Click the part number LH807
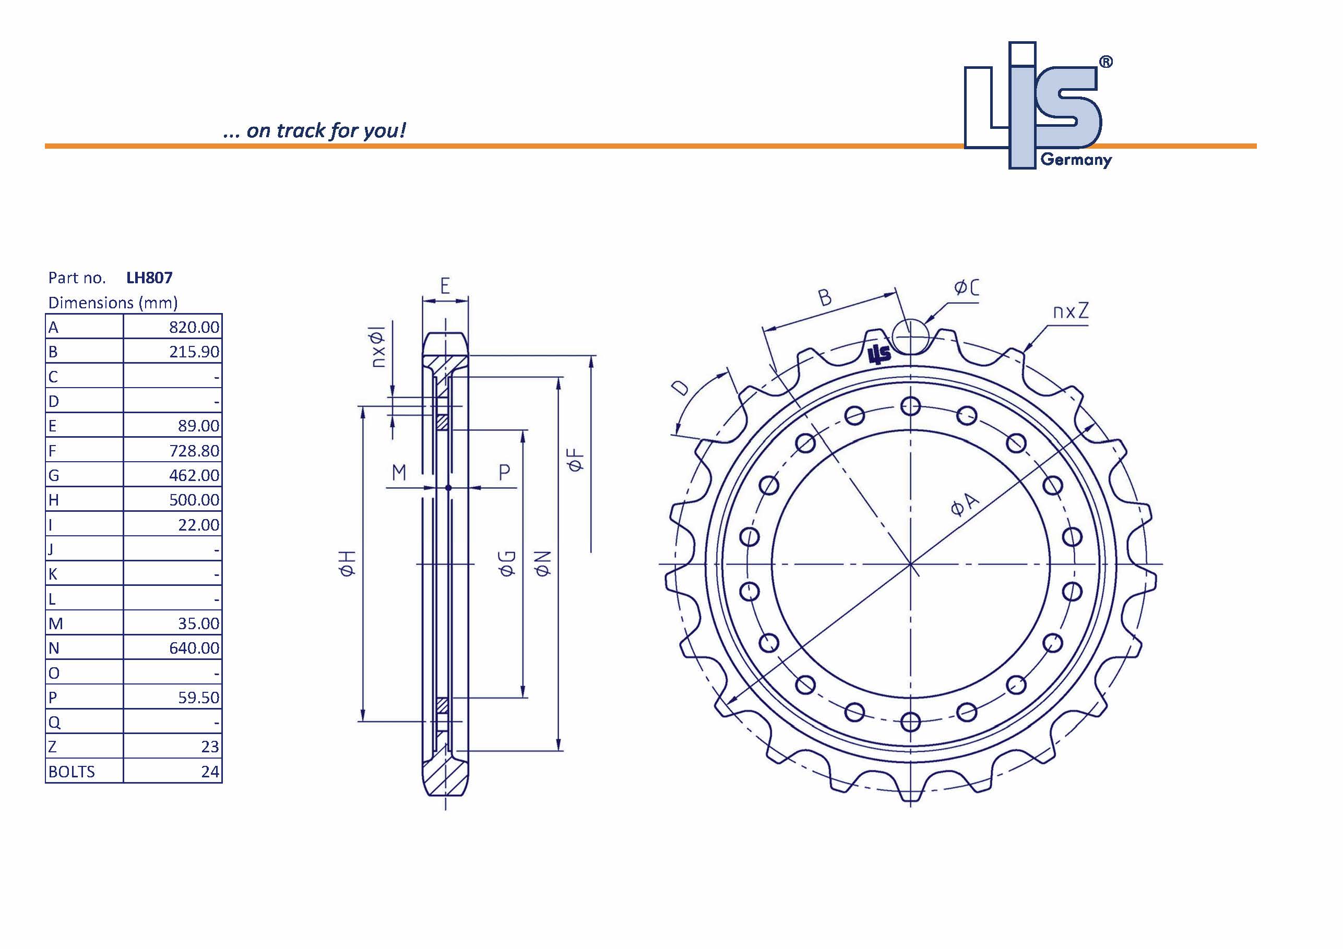(x=149, y=277)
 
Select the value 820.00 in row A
(x=194, y=327)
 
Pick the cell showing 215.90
(x=194, y=352)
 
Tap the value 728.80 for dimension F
(x=194, y=450)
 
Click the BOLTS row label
(x=72, y=771)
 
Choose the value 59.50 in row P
(x=198, y=697)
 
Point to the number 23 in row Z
(x=209, y=747)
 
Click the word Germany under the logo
(x=1076, y=160)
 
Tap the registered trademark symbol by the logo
(x=1106, y=62)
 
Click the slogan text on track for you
(x=314, y=130)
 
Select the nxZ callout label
(x=1071, y=311)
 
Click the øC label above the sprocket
(x=966, y=287)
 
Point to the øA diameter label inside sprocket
(x=964, y=504)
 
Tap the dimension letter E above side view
(x=445, y=286)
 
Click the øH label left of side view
(x=348, y=563)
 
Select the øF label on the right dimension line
(x=576, y=460)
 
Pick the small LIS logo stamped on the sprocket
(x=879, y=354)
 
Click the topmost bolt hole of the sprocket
(x=910, y=406)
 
